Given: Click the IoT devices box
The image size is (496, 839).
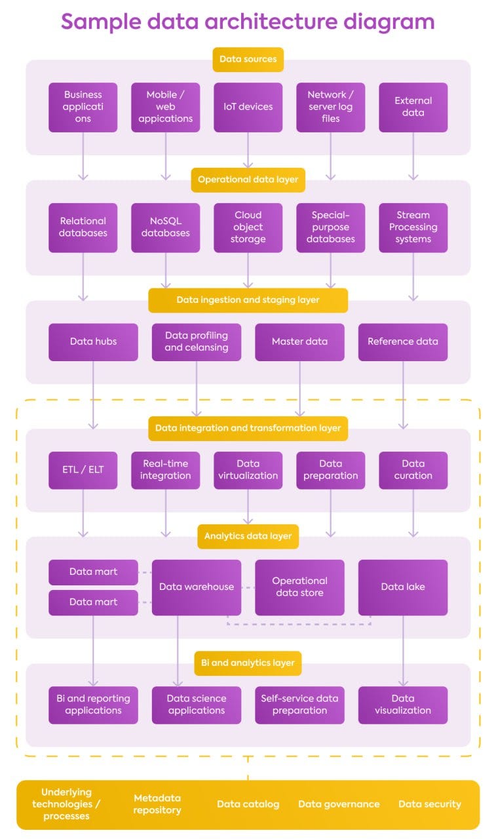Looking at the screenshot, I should click(248, 107).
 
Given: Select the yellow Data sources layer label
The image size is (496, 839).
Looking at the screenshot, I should click(248, 59).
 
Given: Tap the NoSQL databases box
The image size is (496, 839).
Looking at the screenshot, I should click(165, 227).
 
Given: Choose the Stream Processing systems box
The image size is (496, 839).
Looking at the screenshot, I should click(413, 227).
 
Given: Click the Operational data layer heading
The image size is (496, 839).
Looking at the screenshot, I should click(248, 180).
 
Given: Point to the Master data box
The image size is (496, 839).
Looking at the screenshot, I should click(299, 341).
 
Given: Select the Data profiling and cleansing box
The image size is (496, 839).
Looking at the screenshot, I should click(196, 341).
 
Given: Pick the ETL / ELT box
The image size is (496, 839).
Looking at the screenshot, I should click(83, 470).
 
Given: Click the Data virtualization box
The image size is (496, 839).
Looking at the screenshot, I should click(248, 470).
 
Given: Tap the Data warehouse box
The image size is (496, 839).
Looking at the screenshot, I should click(196, 587).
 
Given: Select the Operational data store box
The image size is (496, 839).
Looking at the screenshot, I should click(299, 587).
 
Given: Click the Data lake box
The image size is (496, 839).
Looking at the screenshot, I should click(403, 587).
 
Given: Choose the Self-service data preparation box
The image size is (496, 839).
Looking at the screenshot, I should click(299, 705).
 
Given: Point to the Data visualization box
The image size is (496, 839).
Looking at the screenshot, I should click(403, 705).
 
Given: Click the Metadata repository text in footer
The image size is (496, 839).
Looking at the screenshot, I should click(157, 804).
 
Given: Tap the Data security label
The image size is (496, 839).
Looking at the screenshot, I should click(430, 804).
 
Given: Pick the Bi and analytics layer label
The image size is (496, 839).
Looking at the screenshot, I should click(248, 663).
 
